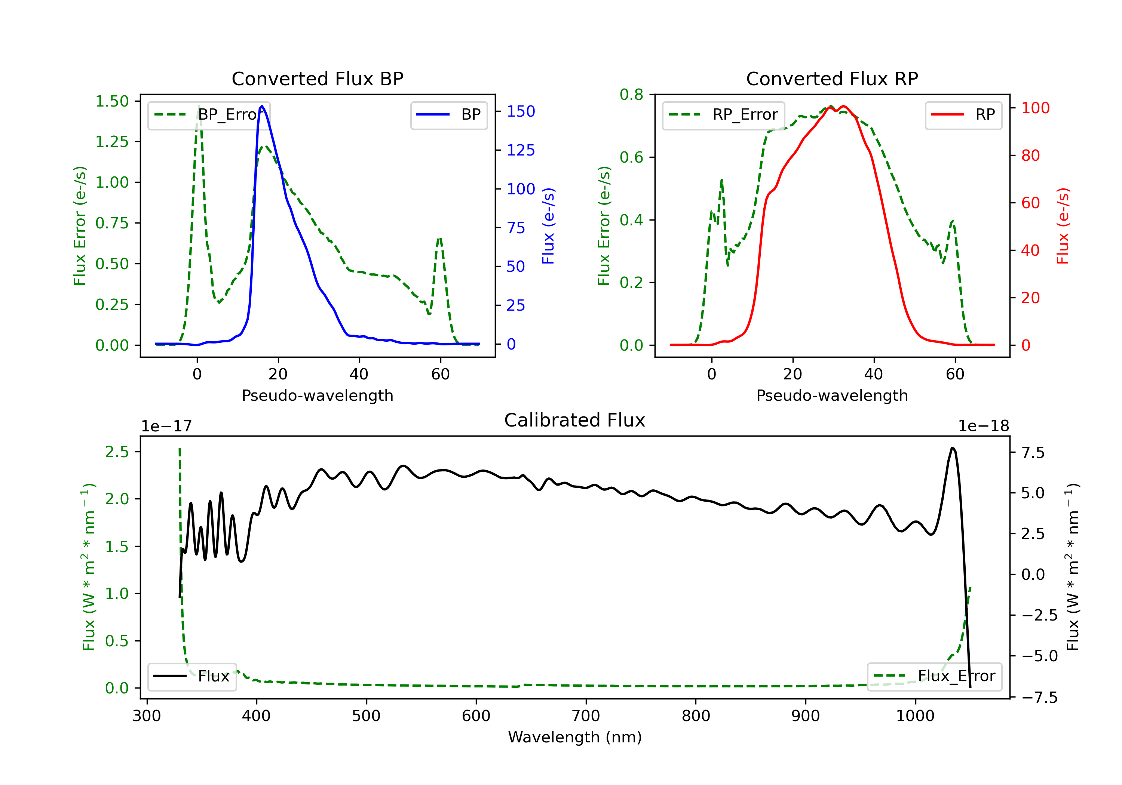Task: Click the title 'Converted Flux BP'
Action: [317, 78]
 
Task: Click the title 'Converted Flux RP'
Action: [832, 78]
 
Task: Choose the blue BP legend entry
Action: [448, 115]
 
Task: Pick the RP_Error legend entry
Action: [723, 115]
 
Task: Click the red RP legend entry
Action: [963, 115]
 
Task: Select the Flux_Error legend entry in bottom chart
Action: [934, 676]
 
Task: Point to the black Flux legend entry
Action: [191, 676]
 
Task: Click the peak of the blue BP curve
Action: [262, 106]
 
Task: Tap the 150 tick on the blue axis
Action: [521, 111]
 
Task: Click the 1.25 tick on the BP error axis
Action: [112, 142]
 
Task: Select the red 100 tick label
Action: [1035, 108]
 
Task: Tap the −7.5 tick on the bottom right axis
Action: [1039, 697]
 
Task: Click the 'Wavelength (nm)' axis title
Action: [575, 737]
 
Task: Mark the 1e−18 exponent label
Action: [983, 426]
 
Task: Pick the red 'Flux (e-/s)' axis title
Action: [1063, 226]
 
